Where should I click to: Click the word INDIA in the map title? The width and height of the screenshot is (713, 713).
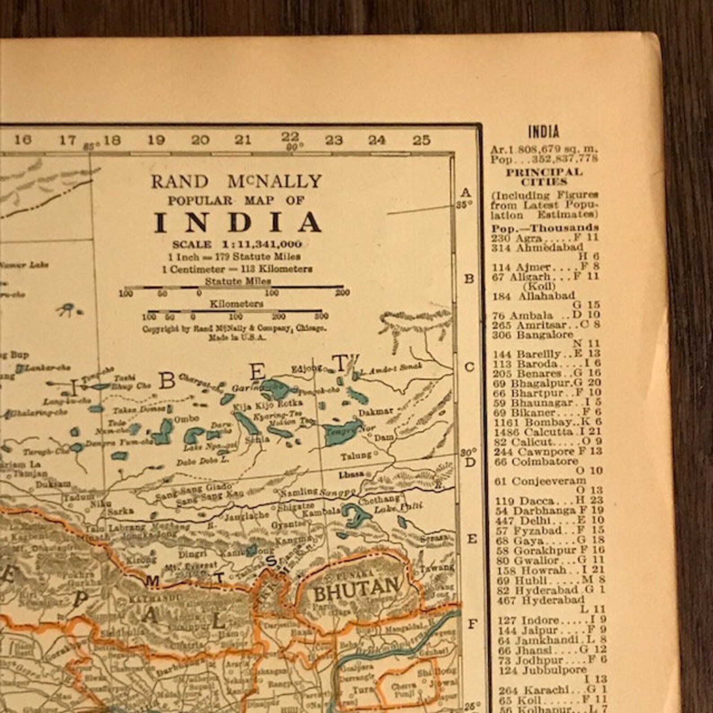238,222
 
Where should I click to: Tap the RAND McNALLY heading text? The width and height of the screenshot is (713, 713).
236,181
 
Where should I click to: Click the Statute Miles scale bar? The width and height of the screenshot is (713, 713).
233,287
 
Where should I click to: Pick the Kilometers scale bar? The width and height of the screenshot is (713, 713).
234,310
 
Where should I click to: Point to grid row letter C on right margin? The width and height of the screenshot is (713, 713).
468,367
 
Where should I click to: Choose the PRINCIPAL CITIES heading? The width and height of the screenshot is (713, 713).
544,177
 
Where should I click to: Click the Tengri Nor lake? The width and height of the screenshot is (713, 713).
342,431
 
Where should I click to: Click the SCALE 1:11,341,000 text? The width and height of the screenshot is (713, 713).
237,245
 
